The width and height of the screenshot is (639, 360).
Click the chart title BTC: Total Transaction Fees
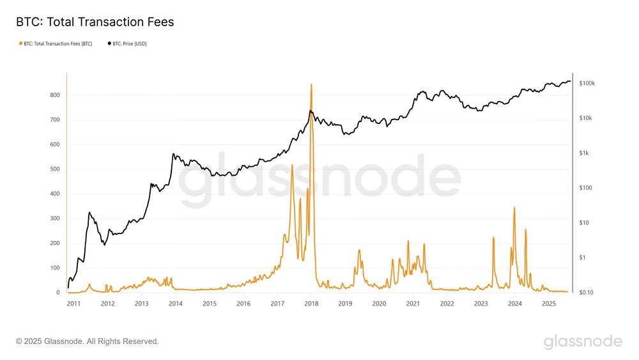95,22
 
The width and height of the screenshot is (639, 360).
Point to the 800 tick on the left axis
55,95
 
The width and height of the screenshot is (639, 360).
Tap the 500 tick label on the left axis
55,169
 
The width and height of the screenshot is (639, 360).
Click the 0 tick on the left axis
58,292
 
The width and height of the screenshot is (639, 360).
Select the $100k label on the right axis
587,84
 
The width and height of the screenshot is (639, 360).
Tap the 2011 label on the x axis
73,303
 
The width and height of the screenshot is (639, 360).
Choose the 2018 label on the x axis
311,303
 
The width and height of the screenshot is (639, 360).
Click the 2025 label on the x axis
548,303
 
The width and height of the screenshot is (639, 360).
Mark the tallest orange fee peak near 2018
311,84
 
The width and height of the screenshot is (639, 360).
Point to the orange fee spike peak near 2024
514,207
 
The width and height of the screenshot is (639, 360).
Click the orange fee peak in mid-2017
292,165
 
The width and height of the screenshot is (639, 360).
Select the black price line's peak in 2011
89,212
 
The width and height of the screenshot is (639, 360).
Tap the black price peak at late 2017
311,111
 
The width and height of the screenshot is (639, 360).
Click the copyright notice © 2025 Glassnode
88,341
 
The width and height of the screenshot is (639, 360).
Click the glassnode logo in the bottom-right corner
583,341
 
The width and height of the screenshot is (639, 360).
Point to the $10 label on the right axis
584,223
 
